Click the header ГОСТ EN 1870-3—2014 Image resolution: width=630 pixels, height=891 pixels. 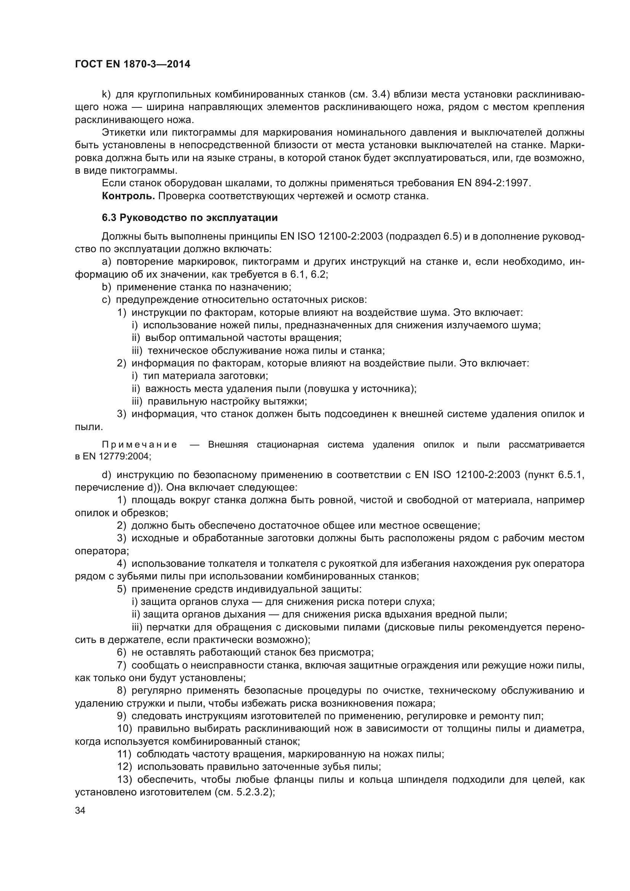133,64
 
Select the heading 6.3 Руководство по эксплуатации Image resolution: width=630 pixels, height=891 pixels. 190,218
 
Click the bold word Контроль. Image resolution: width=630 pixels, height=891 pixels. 128,196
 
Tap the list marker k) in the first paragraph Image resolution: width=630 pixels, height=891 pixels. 106,94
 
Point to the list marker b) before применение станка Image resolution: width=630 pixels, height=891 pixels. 106,287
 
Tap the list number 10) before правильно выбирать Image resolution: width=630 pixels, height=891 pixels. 125,729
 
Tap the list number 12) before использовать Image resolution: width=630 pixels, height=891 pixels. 125,767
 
